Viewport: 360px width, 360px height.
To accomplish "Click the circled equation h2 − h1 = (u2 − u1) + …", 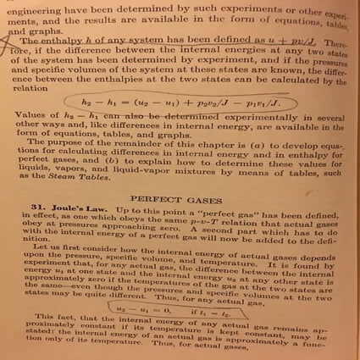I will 180,104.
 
